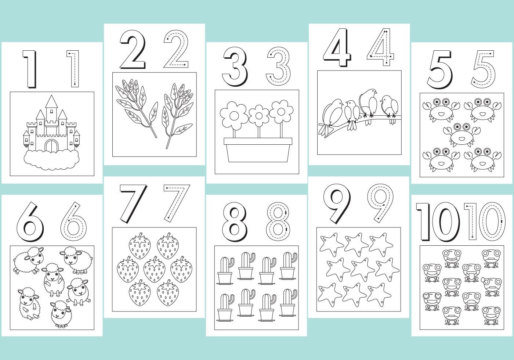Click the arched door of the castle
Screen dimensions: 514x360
[x=51, y=145]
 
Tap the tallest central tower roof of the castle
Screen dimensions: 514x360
[x=51, y=101]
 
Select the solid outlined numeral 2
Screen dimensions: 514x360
[x=133, y=49]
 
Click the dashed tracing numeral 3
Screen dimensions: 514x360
[x=278, y=66]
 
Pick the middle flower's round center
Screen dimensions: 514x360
[x=259, y=116]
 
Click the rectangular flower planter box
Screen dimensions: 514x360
[x=258, y=150]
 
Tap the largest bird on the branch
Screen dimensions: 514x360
[x=368, y=104]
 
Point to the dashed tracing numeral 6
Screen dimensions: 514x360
[x=73, y=222]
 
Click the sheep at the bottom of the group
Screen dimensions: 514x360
[x=61, y=314]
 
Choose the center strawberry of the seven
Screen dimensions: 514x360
[x=155, y=269]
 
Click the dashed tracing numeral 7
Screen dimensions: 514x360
[x=177, y=204]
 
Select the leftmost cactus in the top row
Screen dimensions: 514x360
[x=225, y=271]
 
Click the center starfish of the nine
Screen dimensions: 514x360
[x=361, y=269]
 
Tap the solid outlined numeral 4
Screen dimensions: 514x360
[x=337, y=47]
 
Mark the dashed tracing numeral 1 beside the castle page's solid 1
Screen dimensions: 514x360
[x=73, y=69]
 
